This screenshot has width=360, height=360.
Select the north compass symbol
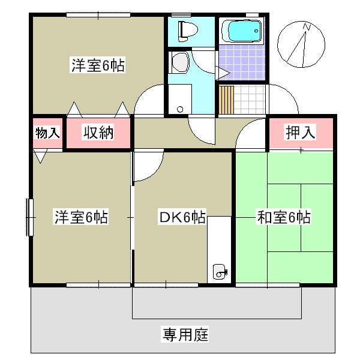(x=302, y=44)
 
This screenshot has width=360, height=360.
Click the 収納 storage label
(x=98, y=133)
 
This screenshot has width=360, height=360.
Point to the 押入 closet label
(x=300, y=133)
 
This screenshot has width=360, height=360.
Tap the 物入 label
(x=47, y=133)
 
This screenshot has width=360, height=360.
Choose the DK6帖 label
(x=182, y=217)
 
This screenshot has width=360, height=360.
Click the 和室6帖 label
(x=283, y=217)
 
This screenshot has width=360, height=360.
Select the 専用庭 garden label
(x=184, y=334)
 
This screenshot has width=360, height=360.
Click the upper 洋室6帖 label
(x=98, y=67)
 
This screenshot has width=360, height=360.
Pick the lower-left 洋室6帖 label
(x=82, y=217)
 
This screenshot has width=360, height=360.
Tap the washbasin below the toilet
(x=179, y=61)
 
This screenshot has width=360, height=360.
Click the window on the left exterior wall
(x=29, y=217)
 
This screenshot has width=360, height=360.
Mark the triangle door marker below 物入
(x=40, y=157)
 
